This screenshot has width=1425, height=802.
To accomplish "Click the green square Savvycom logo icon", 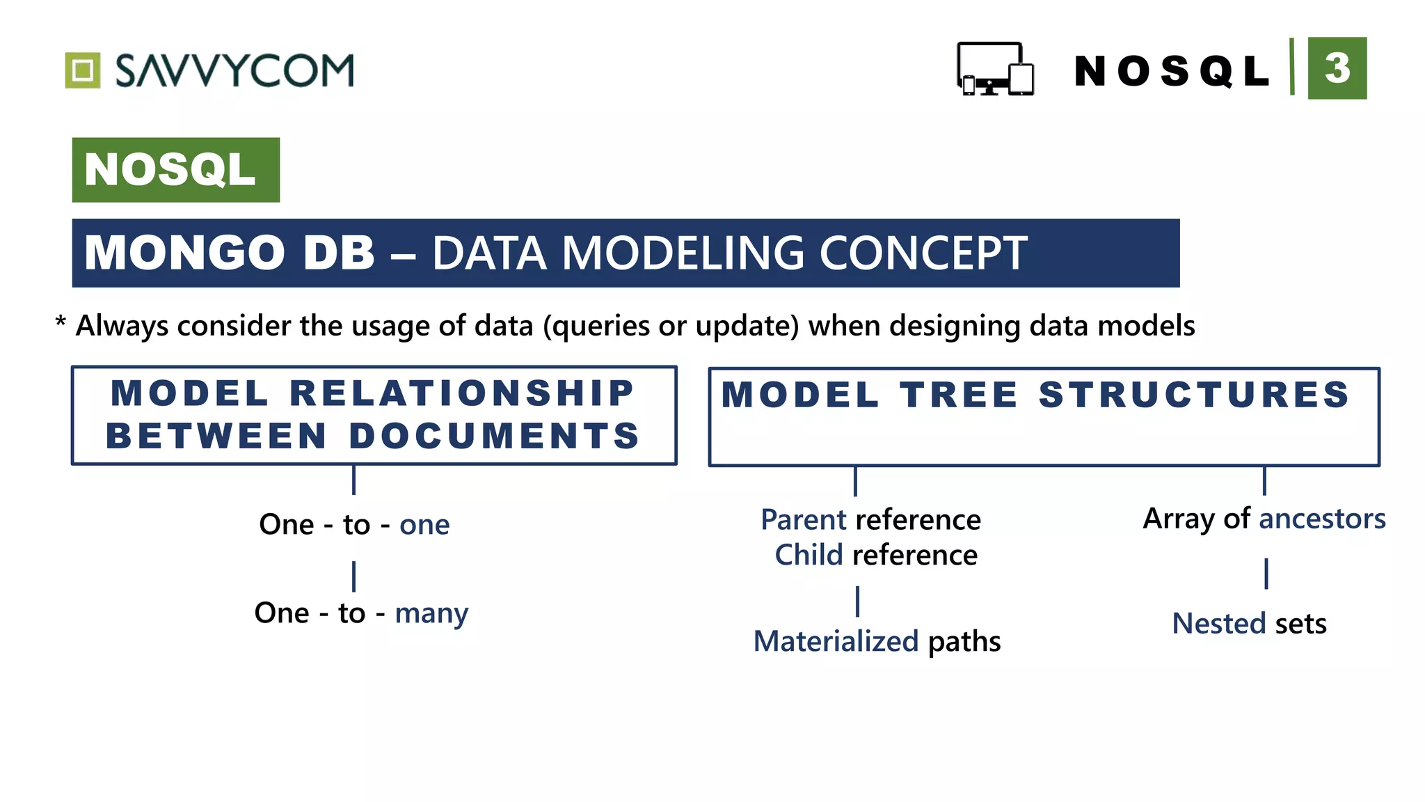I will [83, 70].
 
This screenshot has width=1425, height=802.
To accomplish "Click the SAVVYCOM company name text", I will [234, 71].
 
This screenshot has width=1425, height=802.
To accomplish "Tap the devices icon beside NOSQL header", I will [995, 69].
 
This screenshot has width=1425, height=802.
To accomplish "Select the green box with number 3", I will [1337, 68].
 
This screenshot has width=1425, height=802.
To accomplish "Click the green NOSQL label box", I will [175, 170].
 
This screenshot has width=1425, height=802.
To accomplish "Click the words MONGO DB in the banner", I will [230, 253].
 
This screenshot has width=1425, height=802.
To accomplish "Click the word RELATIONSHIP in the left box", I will [461, 393].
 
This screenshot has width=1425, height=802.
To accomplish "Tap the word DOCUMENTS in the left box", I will [494, 437].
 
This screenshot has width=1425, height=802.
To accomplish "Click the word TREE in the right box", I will [960, 395].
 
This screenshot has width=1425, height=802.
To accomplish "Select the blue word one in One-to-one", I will [424, 525].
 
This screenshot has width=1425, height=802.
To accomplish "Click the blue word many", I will [431, 613].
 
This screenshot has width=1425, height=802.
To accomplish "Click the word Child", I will [809, 556].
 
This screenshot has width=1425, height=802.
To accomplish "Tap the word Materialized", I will [836, 641].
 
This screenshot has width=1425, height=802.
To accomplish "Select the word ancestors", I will [1322, 519].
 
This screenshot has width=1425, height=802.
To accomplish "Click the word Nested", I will [1218, 624].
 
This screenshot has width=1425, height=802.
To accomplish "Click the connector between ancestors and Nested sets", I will [1266, 574].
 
